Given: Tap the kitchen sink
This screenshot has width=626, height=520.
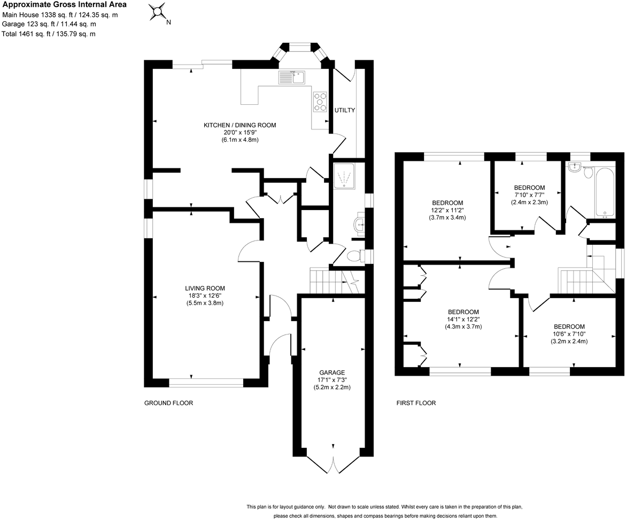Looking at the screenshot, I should (291, 78).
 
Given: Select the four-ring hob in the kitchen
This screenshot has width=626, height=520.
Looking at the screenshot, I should (320, 102).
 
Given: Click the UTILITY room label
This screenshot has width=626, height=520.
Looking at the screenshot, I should (345, 110).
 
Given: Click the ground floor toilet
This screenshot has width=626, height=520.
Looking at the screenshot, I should (354, 257).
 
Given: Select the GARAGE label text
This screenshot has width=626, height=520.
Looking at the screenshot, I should (332, 372).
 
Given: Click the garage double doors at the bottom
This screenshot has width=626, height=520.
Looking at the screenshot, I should (333, 464).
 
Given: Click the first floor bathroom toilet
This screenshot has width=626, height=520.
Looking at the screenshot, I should (589, 173).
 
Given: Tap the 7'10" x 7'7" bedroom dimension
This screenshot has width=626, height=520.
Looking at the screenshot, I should (529, 195).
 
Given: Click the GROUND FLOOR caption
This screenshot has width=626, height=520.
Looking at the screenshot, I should (168, 403).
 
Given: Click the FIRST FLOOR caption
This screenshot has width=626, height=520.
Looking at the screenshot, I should (416, 403).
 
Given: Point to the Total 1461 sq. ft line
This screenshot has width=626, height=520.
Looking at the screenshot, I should (49, 34).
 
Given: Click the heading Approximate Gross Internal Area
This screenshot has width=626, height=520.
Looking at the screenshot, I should (65, 5).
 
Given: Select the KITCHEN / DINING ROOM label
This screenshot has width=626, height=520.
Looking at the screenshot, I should (239, 125).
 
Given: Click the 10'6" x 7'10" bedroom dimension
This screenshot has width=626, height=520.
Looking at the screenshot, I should (569, 334).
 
